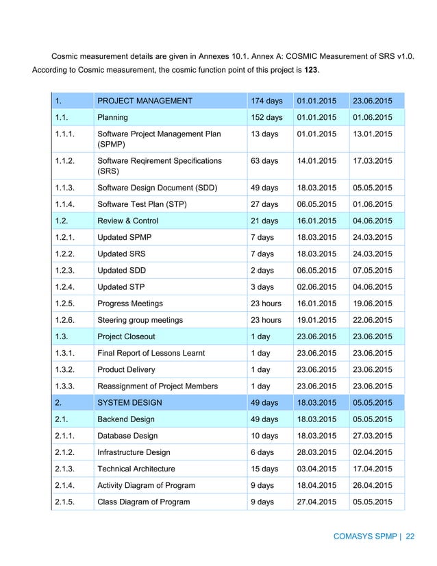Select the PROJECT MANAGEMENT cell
pyautogui.click(x=145, y=101)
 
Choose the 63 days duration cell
pyautogui.click(x=264, y=161)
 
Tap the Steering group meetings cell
pyautogui.click(x=140, y=319)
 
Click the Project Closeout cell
pyautogui.click(x=126, y=336)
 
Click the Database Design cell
pyautogui.click(x=127, y=436)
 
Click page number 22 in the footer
pyautogui.click(x=410, y=537)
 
